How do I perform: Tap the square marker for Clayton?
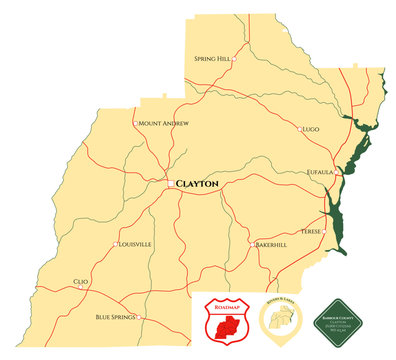click(170, 182)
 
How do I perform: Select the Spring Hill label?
click(212, 59)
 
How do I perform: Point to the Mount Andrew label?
click(164, 123)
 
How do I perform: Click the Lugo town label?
click(310, 129)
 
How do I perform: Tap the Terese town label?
click(311, 231)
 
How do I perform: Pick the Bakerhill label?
click(272, 244)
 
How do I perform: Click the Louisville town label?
click(135, 244)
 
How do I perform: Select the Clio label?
click(81, 282)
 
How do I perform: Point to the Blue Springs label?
click(116, 317)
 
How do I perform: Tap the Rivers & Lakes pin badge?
click(279, 321)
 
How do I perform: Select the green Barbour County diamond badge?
click(336, 321)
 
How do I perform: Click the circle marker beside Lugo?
click(298, 129)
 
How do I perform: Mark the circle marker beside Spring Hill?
click(234, 59)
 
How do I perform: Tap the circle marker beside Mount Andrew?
click(135, 123)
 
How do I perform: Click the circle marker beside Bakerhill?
click(252, 244)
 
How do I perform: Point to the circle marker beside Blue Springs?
click(139, 318)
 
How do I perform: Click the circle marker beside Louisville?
click(116, 244)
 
